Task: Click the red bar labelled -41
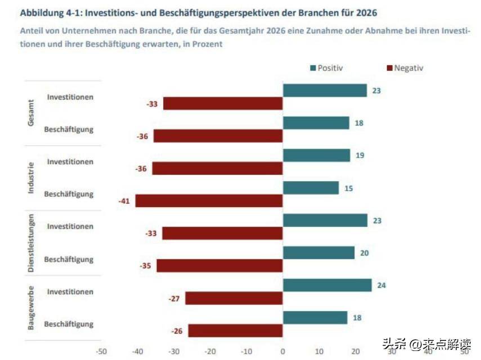point(209,201)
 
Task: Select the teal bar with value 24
point(327,285)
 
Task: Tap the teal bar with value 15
point(311,188)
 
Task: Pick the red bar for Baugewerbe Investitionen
point(234,298)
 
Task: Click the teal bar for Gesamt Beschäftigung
point(316,123)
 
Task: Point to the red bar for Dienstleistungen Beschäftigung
point(219,265)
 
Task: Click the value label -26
point(177,331)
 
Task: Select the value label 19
point(360,155)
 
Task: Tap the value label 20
point(364,253)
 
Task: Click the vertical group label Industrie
point(32,178)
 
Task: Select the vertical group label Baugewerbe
point(32,308)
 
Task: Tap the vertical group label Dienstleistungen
point(32,244)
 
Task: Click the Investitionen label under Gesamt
point(70,97)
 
